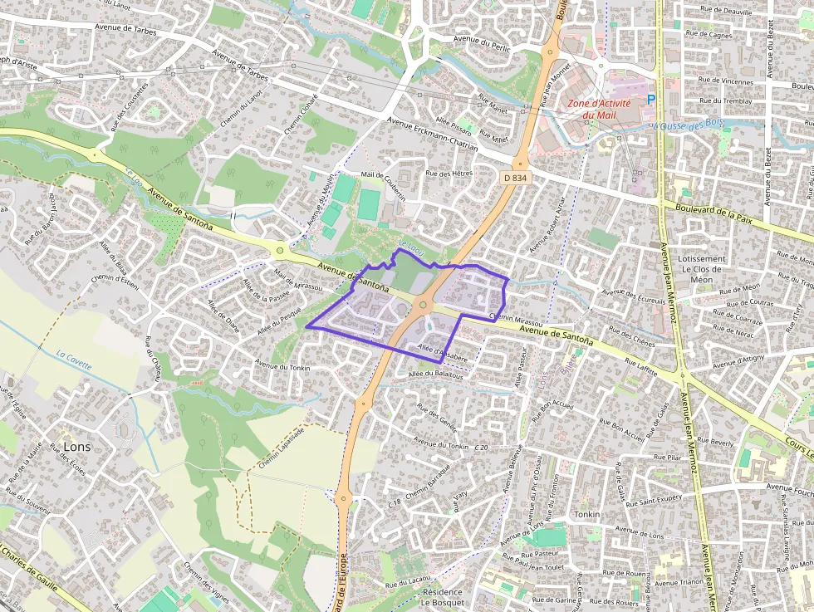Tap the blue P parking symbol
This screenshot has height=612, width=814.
[651, 100]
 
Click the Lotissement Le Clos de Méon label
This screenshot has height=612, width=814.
[701, 269]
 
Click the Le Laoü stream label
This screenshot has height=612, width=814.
[405, 246]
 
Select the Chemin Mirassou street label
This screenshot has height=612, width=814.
[516, 320]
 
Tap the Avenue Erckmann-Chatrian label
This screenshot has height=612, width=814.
[431, 133]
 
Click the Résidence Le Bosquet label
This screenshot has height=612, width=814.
[443, 598]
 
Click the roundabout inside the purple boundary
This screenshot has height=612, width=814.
[423, 306]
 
